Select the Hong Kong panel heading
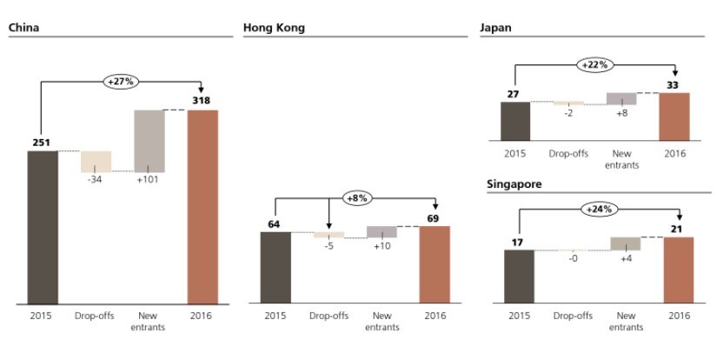[274, 27]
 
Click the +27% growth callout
[121, 81]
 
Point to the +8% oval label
[356, 198]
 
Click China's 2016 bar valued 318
[202, 207]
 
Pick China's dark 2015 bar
[42, 227]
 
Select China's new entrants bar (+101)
[149, 140]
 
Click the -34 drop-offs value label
[96, 181]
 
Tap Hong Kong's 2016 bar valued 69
[435, 265]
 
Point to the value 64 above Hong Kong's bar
[275, 224]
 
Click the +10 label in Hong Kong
[382, 247]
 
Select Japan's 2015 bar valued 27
[515, 121]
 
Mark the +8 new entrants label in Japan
[622, 112]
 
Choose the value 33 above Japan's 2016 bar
[674, 85]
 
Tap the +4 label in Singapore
[626, 258]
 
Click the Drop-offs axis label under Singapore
[570, 315]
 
